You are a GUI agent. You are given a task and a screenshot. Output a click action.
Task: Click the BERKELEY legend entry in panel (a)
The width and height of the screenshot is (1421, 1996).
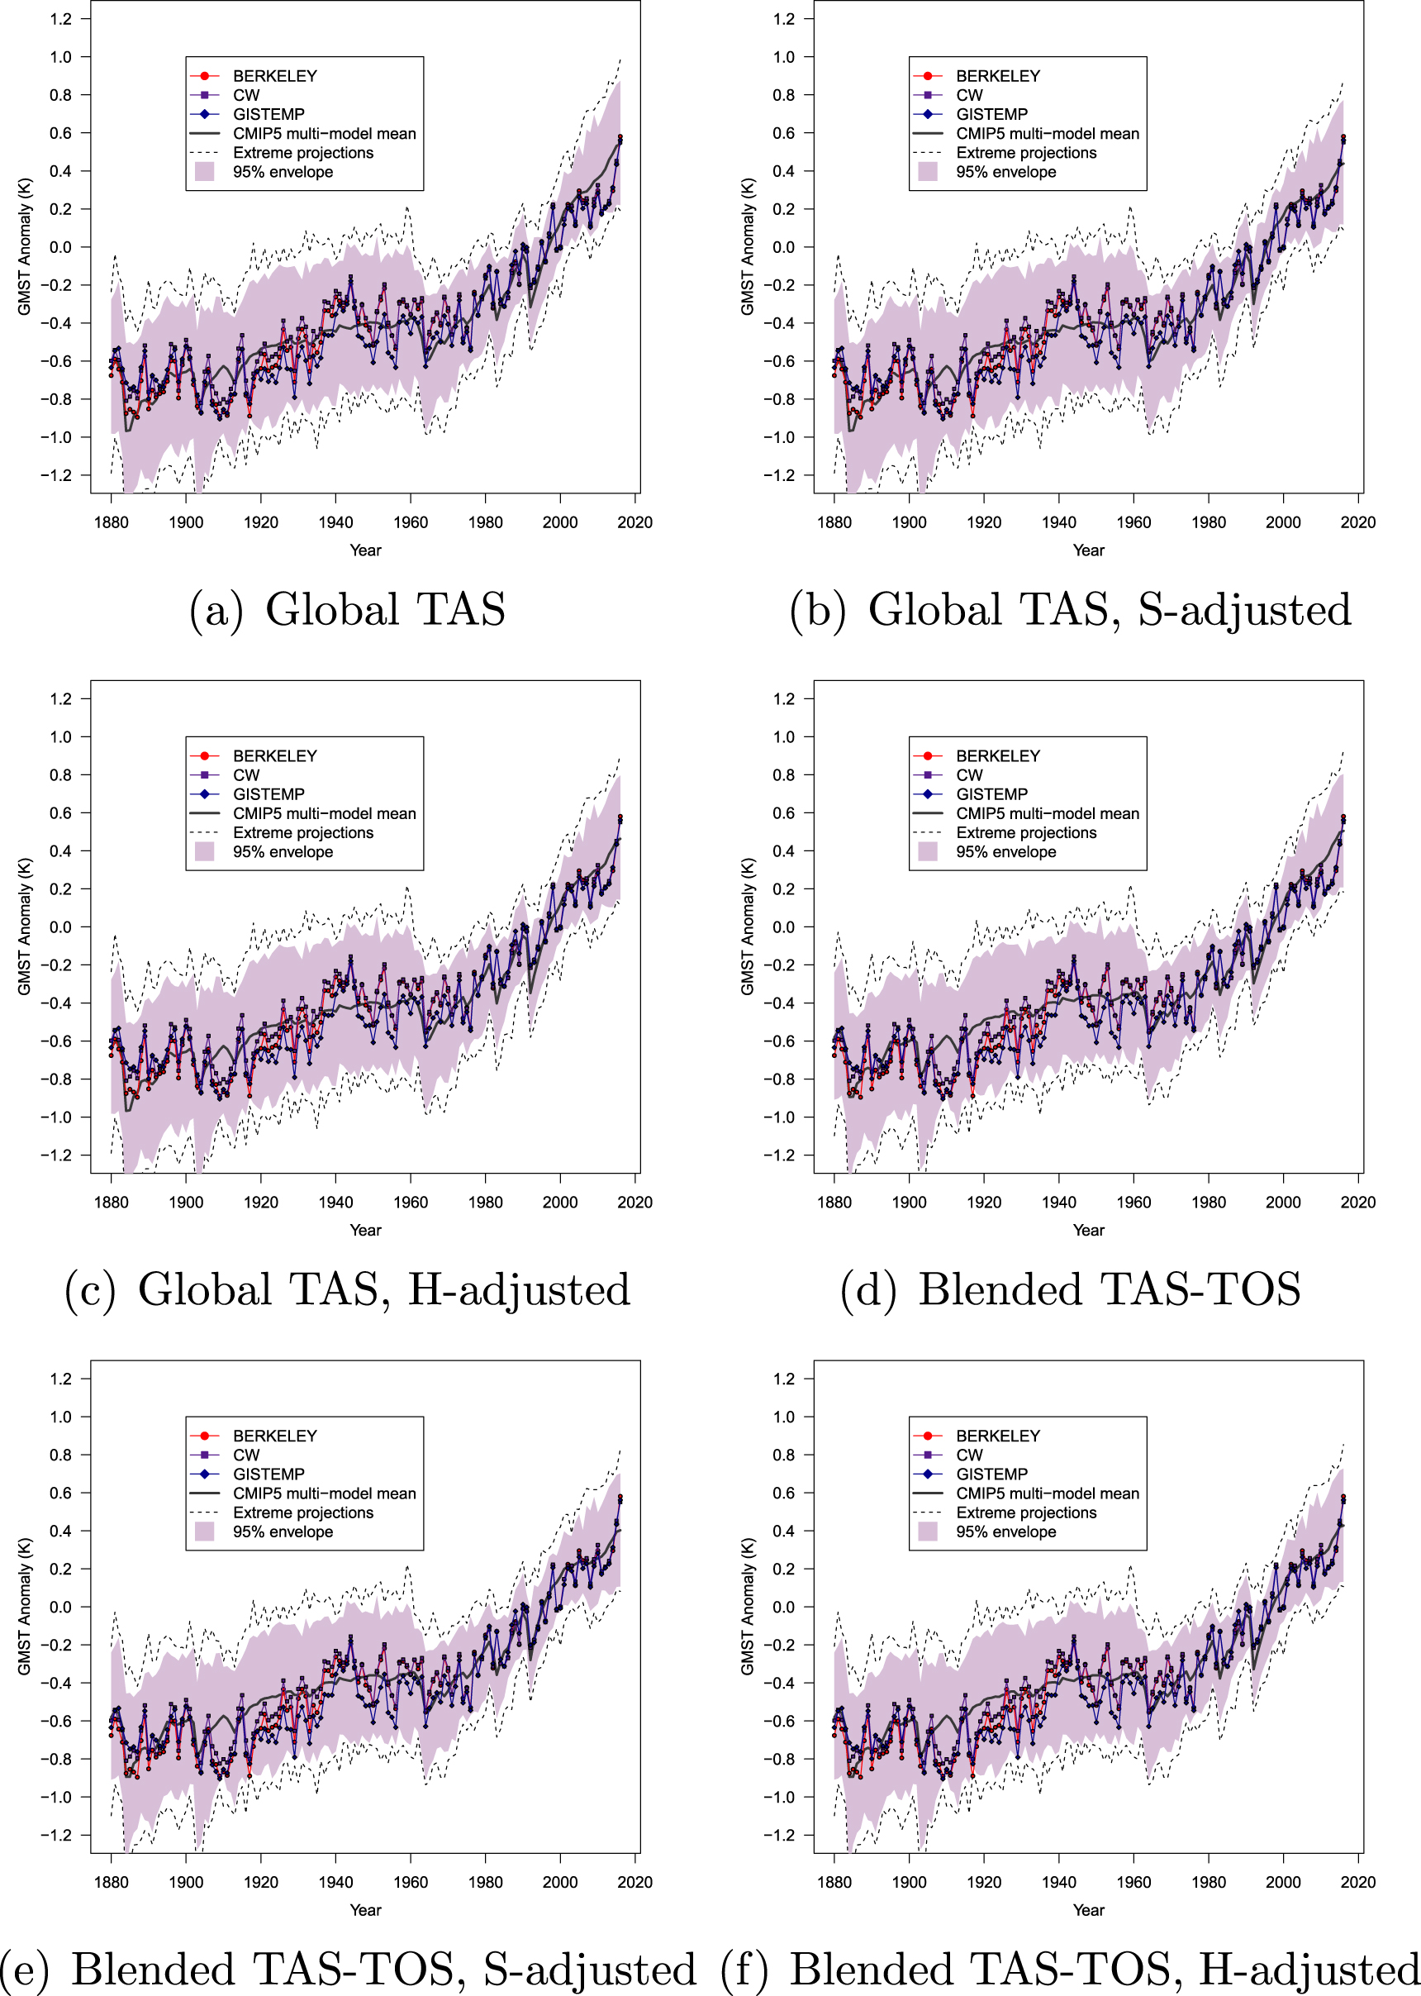tap(274, 76)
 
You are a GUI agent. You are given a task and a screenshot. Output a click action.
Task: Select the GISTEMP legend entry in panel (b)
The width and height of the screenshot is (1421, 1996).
tap(991, 115)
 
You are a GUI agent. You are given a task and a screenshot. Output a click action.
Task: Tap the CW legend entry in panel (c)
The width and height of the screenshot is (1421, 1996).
tap(246, 774)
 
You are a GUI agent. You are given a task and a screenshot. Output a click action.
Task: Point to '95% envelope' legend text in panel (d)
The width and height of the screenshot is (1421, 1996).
tap(1005, 852)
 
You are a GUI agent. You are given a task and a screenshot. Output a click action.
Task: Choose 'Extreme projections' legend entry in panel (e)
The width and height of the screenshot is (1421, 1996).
tap(302, 1512)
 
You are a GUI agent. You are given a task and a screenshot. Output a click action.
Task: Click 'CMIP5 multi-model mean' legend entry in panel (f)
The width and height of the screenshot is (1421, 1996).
tap(1048, 1493)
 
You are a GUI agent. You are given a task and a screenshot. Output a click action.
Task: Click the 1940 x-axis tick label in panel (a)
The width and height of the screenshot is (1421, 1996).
tap(335, 522)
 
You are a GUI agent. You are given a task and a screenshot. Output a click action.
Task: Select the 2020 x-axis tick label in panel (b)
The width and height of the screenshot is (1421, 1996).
tap(1358, 522)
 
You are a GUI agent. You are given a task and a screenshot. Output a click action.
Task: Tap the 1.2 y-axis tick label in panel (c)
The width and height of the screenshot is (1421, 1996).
tap(60, 698)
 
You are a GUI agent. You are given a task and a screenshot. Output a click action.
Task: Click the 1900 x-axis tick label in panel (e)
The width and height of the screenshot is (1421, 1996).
tap(186, 1882)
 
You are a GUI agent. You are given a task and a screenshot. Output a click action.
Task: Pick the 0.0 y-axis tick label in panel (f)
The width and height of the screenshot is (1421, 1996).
tap(784, 1608)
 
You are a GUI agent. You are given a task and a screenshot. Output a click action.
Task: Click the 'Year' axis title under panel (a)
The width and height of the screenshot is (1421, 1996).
tap(366, 550)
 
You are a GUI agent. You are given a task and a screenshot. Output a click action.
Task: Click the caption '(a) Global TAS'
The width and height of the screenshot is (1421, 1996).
tap(347, 610)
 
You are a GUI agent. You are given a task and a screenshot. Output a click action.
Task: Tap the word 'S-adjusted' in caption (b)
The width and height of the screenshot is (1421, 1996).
tap(1244, 610)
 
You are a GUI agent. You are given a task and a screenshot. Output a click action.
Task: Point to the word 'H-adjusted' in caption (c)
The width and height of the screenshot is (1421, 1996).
tap(519, 1290)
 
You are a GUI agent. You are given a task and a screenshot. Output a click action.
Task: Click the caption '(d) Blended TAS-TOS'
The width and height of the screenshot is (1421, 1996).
tap(1070, 1290)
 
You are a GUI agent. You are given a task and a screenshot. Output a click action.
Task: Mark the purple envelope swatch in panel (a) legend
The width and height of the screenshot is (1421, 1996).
tap(205, 172)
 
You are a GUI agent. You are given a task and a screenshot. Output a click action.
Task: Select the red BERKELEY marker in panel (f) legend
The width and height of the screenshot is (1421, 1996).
tap(928, 1436)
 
